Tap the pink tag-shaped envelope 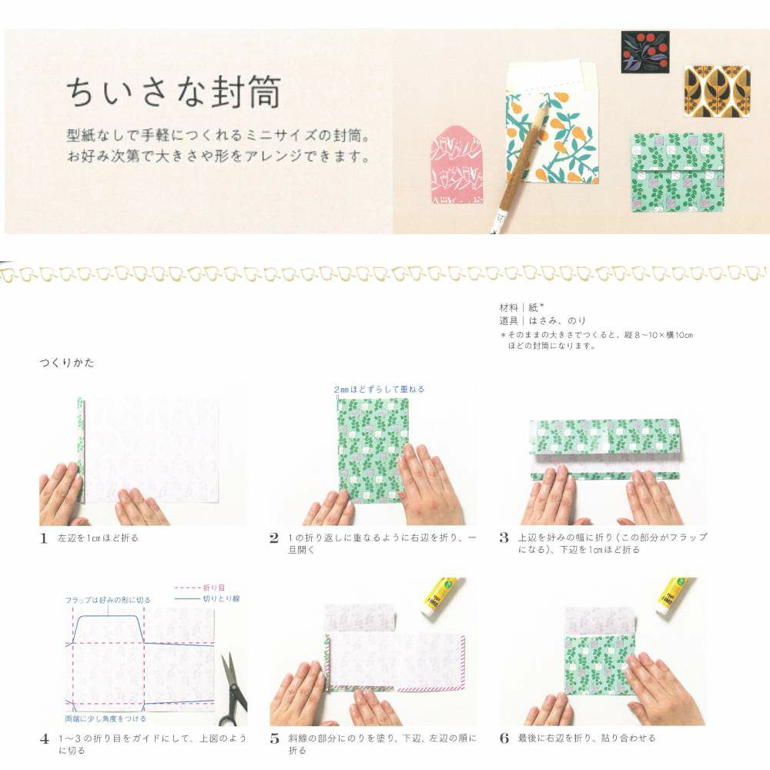(x=457, y=165)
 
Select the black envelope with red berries (x=645, y=52)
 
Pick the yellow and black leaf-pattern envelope (x=717, y=92)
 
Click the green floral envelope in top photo (x=678, y=172)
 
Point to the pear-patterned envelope (x=552, y=138)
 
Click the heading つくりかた (x=67, y=363)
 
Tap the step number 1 (x=44, y=538)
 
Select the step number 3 (x=504, y=537)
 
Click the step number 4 (x=45, y=738)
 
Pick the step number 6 (x=504, y=738)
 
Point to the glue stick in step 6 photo (x=675, y=596)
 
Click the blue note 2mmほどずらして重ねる (x=379, y=390)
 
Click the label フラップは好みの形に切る (x=108, y=600)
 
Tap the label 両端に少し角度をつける (x=105, y=719)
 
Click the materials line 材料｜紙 (x=521, y=308)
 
